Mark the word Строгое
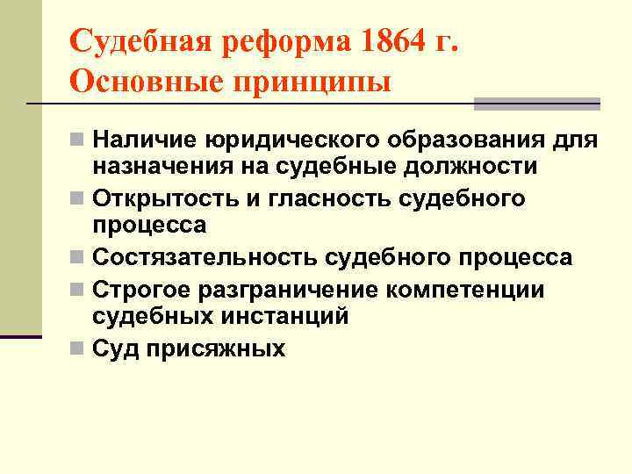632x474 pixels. click(140, 289)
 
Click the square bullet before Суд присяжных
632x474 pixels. click(80, 348)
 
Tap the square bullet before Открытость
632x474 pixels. click(80, 198)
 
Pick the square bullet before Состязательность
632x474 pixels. click(80, 257)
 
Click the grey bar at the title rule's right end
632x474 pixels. click(536, 104)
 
